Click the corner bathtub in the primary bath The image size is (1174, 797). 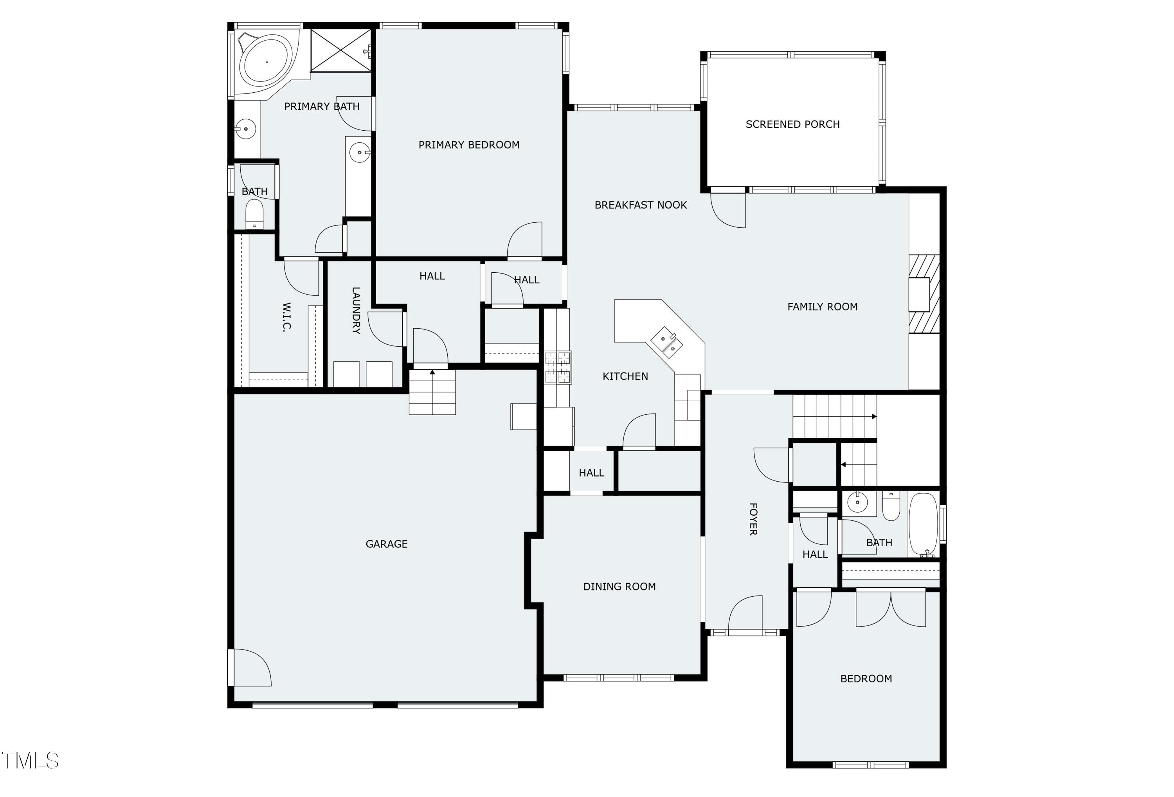pos(266,61)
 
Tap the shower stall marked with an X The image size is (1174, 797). pos(341,50)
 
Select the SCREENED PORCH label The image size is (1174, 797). pos(792,124)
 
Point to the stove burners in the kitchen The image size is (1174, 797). pos(558,367)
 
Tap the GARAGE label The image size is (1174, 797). pos(387,544)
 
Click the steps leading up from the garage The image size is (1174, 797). pos(432,392)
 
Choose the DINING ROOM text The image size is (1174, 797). pos(619,587)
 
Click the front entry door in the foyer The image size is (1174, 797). pos(745,613)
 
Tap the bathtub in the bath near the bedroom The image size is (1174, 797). pos(923,524)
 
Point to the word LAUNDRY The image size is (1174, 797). pos(356,310)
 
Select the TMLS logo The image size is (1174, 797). pos(30,760)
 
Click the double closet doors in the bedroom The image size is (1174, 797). pos(890,609)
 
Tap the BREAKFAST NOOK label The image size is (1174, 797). pos(640,205)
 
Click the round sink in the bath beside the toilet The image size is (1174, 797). pos(857,502)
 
